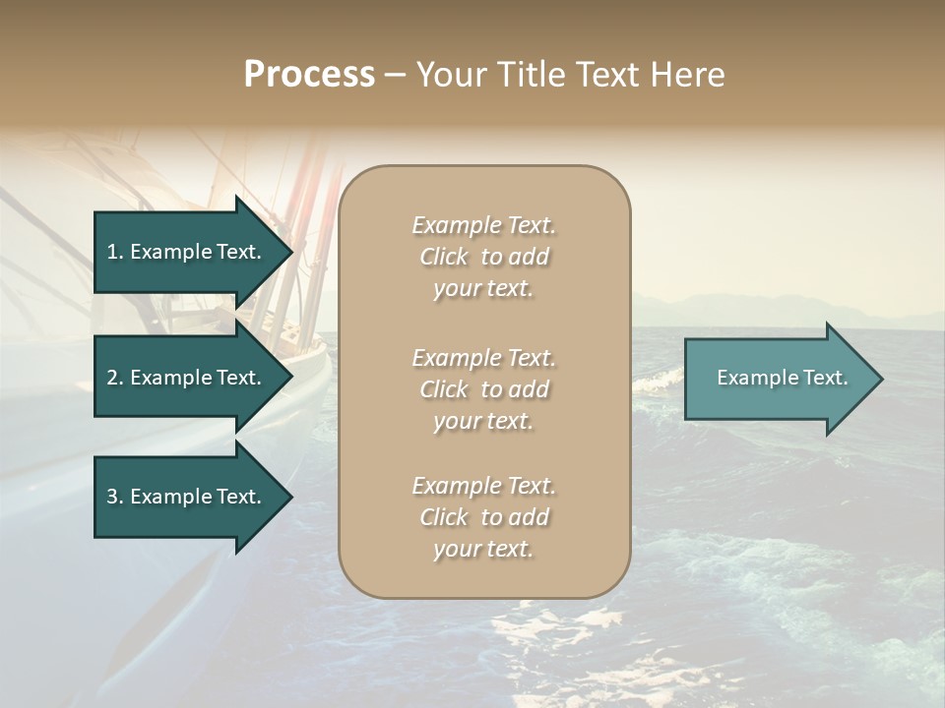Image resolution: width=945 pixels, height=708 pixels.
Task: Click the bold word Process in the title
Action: click(x=309, y=75)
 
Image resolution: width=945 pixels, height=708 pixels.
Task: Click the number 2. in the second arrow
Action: click(x=114, y=378)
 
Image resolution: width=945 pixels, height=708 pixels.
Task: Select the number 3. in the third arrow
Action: click(x=114, y=497)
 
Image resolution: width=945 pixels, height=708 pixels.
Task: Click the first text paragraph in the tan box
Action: click(x=483, y=257)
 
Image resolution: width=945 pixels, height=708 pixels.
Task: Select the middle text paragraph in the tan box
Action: click(x=483, y=389)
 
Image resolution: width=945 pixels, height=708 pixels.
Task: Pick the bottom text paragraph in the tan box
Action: click(x=483, y=517)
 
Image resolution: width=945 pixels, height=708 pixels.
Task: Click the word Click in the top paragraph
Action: click(x=444, y=257)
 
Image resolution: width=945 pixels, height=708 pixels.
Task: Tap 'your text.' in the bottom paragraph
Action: click(x=483, y=550)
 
